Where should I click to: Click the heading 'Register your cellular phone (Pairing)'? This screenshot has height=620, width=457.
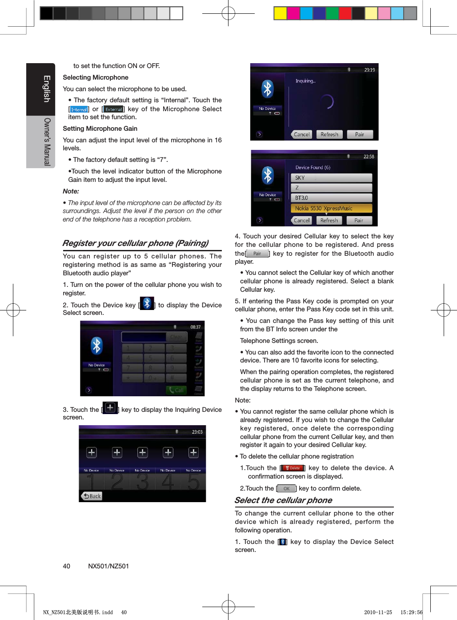pos(135,243)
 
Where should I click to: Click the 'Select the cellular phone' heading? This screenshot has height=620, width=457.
pos(283,500)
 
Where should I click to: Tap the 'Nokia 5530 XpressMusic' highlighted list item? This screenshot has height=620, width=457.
pos(331,208)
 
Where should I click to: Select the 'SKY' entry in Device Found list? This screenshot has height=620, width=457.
pos(331,178)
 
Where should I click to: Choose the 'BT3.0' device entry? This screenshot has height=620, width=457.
pos(331,198)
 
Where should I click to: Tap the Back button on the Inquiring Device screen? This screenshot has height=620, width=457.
pos(92,496)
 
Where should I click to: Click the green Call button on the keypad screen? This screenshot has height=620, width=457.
pos(176,390)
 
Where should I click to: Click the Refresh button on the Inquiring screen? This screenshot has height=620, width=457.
pos(329,134)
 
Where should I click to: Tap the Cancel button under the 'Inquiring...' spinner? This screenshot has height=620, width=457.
pos(302,134)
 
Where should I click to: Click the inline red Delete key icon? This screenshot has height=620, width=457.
pos(293,468)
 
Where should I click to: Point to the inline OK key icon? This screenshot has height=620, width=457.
pos(286,488)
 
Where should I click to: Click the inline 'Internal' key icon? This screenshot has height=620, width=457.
pos(79,109)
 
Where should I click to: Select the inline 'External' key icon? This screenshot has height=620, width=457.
pos(113,109)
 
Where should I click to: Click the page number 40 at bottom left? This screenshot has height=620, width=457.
pos(66,566)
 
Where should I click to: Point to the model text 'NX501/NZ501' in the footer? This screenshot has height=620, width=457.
pos(108,566)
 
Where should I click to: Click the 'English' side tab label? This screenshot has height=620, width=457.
pos(47,89)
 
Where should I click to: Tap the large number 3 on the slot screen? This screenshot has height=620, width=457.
pos(142,482)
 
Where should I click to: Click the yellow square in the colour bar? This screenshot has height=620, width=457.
pos(280,13)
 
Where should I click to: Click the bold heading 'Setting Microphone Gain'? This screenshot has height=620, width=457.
pos(100,129)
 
